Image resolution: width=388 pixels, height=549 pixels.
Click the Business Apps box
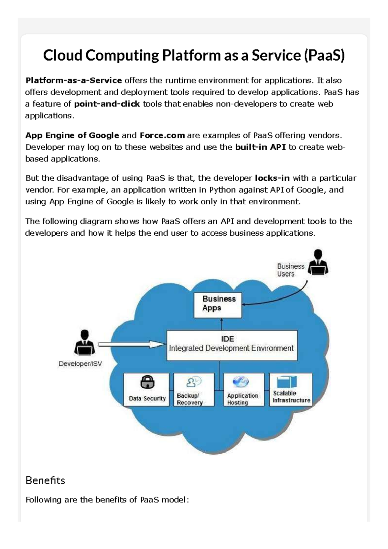tap(218, 305)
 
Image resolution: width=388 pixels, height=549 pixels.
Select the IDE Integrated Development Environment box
tap(232, 345)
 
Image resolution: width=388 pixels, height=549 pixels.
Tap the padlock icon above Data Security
tap(147, 382)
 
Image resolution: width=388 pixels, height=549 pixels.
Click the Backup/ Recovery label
tap(189, 399)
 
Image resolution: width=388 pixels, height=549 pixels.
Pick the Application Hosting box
tap(244, 390)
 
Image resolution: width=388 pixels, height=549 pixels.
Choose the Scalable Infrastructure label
tap(291, 397)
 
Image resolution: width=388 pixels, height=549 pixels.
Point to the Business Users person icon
tap(318, 263)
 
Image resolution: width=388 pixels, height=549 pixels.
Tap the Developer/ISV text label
tap(80, 364)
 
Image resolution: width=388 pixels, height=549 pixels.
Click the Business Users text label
tap(290, 270)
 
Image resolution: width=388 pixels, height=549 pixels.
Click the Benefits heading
tap(45, 480)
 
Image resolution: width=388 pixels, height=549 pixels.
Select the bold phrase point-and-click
tap(107, 104)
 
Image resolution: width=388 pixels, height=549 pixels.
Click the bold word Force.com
tap(162, 135)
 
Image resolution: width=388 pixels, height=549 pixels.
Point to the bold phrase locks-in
tap(272, 178)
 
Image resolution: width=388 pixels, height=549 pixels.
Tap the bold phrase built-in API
tap(260, 147)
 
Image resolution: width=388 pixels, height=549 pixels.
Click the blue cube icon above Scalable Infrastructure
tap(287, 382)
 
